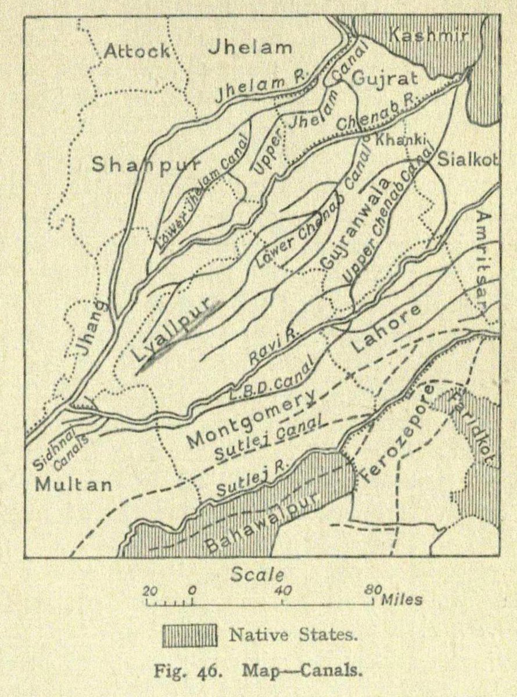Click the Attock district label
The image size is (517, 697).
pos(137,51)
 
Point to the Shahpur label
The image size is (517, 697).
pos(145,166)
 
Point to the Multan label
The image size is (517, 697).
pos(73,485)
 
